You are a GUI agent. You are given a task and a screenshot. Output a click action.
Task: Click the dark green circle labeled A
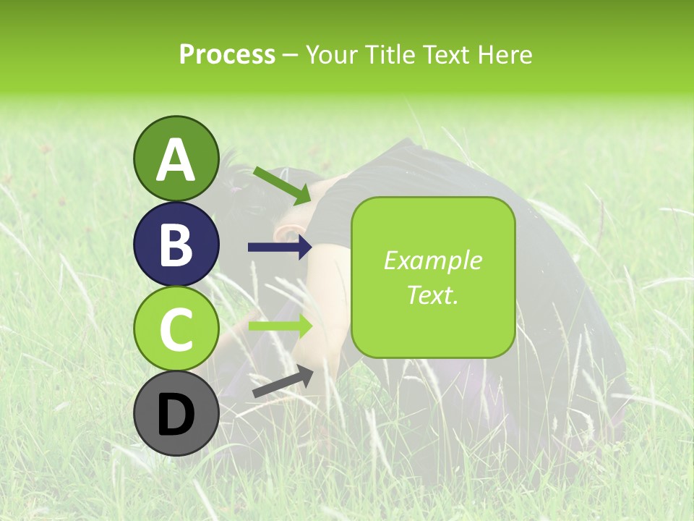click(176, 158)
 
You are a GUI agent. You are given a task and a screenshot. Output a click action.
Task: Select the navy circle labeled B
click(176, 244)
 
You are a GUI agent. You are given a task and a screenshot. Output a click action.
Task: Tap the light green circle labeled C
click(176, 329)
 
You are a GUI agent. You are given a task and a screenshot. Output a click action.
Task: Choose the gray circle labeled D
click(176, 413)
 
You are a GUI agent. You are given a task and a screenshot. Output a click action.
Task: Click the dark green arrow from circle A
click(283, 185)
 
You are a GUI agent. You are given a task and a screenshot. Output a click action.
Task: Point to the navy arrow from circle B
click(280, 247)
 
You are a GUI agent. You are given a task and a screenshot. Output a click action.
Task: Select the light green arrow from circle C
click(280, 326)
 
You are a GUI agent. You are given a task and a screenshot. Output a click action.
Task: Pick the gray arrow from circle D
click(283, 382)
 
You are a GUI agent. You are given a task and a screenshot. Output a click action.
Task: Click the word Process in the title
click(227, 54)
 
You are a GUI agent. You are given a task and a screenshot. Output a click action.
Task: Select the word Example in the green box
click(432, 260)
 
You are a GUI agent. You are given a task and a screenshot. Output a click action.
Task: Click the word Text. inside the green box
click(432, 295)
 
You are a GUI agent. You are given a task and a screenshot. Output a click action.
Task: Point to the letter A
click(176, 160)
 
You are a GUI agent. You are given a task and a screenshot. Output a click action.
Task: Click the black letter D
click(176, 415)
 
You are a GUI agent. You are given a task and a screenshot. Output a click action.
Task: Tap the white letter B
click(176, 245)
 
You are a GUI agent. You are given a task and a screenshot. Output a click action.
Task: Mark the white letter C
click(176, 329)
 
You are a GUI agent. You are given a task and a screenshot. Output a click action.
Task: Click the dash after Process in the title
click(291, 55)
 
